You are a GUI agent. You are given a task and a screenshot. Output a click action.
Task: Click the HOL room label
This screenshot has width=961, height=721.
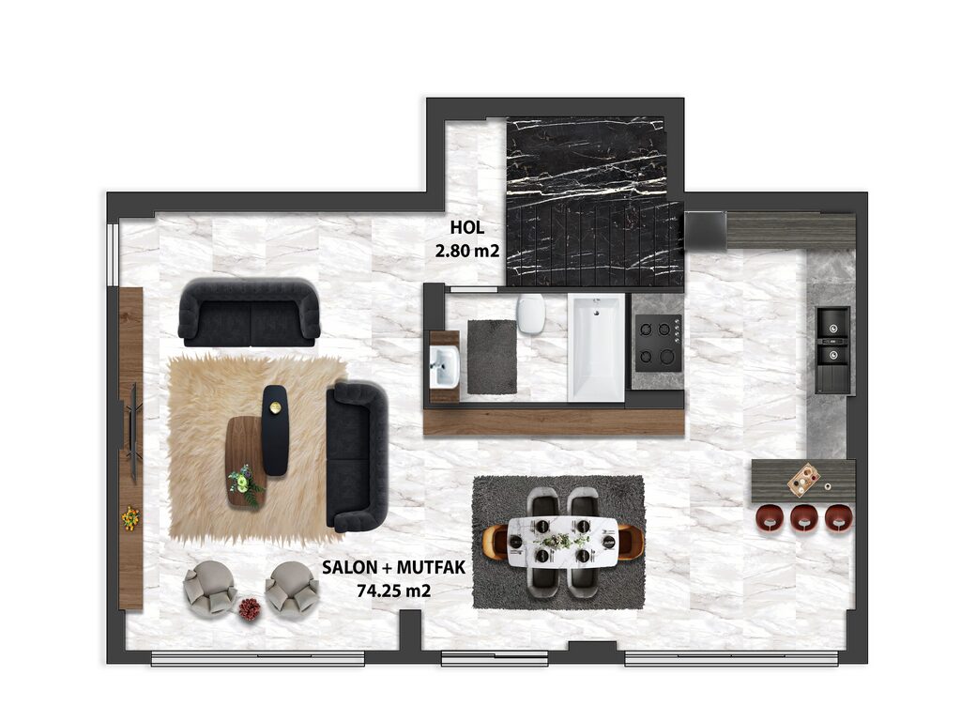467,227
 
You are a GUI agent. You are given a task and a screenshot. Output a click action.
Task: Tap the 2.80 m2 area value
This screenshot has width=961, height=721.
467,251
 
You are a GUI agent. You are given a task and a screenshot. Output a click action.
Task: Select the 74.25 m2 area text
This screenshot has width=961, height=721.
393,591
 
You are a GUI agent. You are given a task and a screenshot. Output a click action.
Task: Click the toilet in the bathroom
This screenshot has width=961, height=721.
531,314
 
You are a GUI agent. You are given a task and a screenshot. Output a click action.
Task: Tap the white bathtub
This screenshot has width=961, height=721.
596,347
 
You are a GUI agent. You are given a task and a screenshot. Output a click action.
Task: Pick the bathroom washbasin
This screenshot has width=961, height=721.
444,367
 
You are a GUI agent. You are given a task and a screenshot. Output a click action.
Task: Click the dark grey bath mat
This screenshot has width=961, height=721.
492,357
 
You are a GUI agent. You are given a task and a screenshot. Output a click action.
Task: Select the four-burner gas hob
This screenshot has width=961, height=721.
658,344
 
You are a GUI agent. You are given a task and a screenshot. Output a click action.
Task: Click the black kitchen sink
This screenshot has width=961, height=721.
833,348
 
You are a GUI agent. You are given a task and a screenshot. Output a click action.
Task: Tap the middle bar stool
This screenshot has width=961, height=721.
803,518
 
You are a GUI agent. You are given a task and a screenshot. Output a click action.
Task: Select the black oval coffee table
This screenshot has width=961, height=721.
275,430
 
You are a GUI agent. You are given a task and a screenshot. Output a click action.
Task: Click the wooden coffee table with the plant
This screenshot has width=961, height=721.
245,461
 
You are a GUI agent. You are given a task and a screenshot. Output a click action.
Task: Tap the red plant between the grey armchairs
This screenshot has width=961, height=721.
249,608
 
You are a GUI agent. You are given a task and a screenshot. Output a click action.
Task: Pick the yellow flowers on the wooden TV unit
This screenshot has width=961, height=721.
130,518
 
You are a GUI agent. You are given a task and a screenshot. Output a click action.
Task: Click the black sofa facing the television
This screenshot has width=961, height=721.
357,457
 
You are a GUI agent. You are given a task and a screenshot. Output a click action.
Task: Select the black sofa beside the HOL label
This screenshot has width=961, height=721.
249,312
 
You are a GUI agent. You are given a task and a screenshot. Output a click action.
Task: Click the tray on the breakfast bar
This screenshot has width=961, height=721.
803,479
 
